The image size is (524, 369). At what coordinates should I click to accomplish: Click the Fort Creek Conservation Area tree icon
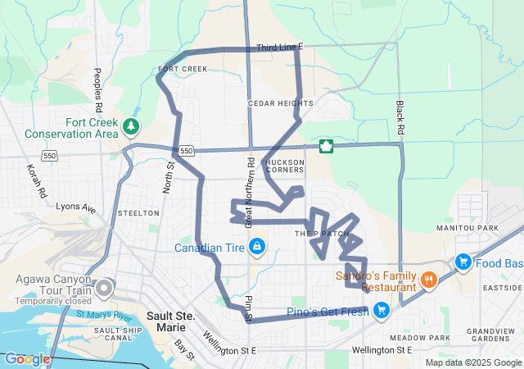point(131,126)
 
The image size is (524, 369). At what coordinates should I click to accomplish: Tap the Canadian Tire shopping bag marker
point(257,246)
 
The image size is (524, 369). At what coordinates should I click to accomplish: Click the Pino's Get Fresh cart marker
point(380,310)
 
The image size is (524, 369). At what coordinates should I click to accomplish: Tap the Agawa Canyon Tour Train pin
point(104,288)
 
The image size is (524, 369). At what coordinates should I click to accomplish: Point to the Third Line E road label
point(279,48)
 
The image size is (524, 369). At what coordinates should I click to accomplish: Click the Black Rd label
point(400,118)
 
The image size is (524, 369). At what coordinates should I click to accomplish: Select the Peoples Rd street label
point(98,90)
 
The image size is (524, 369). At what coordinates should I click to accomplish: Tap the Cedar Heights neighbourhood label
point(280,103)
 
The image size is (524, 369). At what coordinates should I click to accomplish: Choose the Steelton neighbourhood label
point(138,213)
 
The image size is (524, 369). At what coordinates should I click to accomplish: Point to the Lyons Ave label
point(75,209)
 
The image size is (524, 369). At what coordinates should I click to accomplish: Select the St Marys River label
point(105,315)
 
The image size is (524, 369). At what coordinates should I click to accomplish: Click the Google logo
point(27,358)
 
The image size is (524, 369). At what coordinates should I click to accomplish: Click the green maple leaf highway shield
point(326,147)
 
